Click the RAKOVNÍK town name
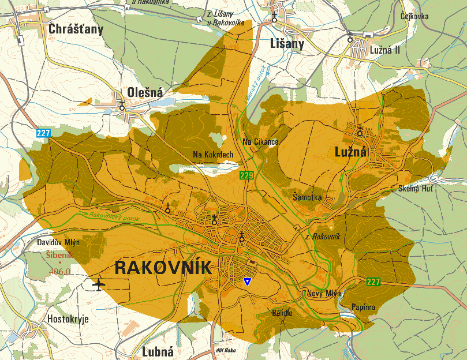163,268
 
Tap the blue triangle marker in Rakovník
247,282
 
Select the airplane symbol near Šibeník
99,284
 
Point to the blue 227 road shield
43,133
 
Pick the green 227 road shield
373,282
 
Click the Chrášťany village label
76,29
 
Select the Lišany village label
287,44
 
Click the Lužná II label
384,50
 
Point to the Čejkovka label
414,16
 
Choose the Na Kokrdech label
214,155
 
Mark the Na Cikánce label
261,142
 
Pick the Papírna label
364,307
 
